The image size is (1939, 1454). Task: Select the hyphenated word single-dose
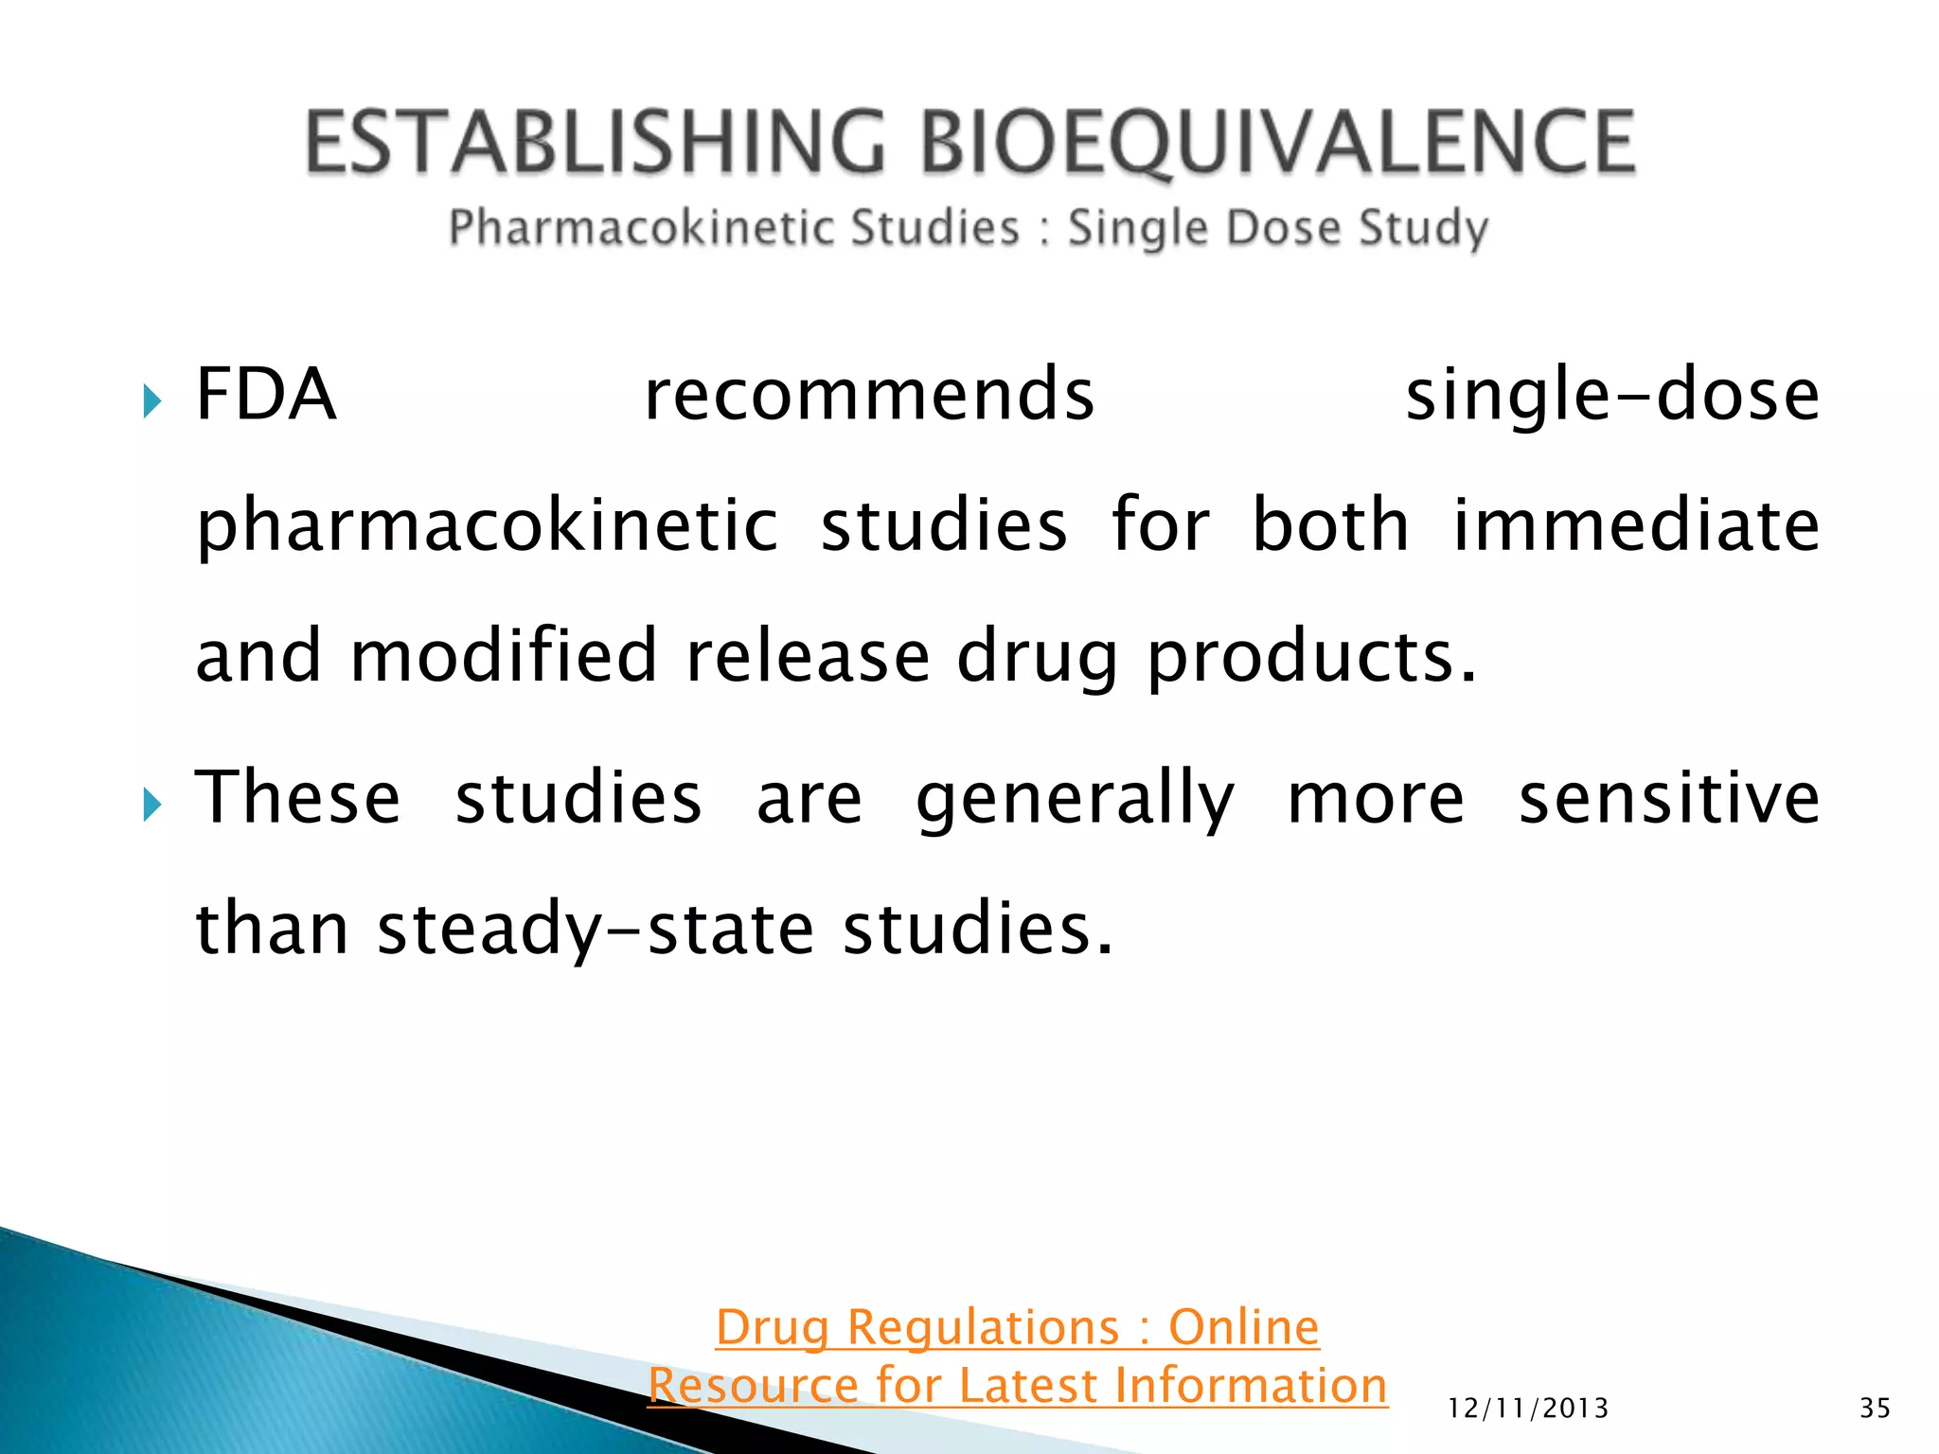(1611, 396)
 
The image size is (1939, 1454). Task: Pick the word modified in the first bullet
(504, 655)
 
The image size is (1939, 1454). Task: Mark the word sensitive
(1668, 797)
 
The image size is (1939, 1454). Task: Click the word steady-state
(596, 930)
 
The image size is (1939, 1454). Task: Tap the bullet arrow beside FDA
(151, 401)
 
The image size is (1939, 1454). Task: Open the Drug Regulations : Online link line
(1017, 1326)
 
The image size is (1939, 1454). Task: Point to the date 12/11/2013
(1528, 1409)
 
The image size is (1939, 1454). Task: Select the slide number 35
(1875, 1409)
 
